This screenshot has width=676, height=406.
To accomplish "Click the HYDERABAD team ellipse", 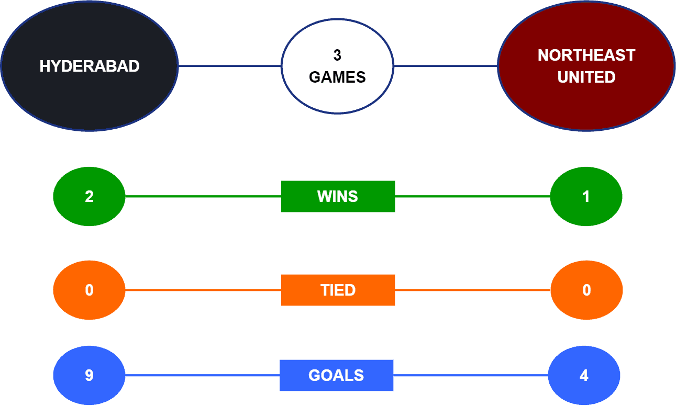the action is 90,66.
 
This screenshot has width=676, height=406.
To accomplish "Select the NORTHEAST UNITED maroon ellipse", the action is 586,66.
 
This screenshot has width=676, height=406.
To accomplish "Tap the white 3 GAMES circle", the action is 337,66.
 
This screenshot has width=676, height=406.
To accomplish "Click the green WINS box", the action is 338,196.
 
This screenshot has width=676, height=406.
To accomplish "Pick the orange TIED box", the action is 338,290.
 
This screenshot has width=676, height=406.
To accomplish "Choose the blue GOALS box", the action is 337,375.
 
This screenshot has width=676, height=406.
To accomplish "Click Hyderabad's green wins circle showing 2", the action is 89,196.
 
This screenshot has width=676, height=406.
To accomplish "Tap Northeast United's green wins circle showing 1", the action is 586,196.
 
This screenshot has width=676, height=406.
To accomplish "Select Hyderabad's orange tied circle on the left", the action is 89,290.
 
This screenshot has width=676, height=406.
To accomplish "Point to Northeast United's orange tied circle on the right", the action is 586,290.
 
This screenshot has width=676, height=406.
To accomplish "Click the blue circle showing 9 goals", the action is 89,375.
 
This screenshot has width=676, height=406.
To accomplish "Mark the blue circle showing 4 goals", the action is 584,375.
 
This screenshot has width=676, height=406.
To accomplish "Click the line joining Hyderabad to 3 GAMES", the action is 230,66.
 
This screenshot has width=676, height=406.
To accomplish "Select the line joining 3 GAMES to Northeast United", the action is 446,66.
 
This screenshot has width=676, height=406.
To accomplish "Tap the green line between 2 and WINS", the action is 203,196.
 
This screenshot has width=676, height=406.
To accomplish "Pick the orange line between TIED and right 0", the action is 473,290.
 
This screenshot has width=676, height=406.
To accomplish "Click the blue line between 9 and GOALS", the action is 203,375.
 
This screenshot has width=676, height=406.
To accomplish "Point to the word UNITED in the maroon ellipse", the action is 586,77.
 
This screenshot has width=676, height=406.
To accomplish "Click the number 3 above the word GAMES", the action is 337,55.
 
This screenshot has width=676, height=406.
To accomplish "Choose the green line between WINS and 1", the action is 473,196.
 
